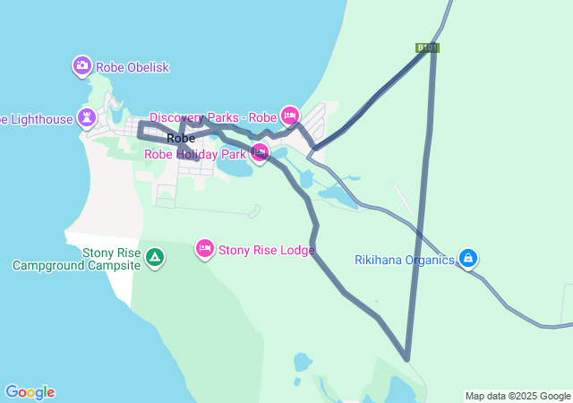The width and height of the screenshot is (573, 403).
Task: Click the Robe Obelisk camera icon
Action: (82, 65)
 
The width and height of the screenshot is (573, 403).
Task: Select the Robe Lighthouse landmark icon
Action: (87, 117)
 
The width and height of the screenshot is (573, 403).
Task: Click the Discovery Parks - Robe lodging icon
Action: (289, 116)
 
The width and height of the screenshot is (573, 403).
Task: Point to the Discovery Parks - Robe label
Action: (213, 117)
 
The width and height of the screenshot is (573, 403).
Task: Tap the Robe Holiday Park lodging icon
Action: (260, 152)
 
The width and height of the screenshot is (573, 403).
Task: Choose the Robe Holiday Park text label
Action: (195, 154)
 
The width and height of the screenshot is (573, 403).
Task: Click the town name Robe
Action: (181, 138)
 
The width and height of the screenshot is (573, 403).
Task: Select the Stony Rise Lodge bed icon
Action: (205, 248)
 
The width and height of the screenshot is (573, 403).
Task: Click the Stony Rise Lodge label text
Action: (266, 250)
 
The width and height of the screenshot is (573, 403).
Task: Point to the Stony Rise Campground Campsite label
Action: (77, 259)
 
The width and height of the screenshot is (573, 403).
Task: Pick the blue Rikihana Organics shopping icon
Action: (467, 259)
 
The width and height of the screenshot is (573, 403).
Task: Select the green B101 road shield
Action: (428, 47)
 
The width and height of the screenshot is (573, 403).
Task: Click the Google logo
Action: (30, 392)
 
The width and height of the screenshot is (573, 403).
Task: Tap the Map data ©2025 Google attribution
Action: (517, 396)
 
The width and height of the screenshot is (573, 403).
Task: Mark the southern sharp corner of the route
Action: (407, 359)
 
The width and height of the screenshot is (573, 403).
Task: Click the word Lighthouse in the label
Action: (39, 119)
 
